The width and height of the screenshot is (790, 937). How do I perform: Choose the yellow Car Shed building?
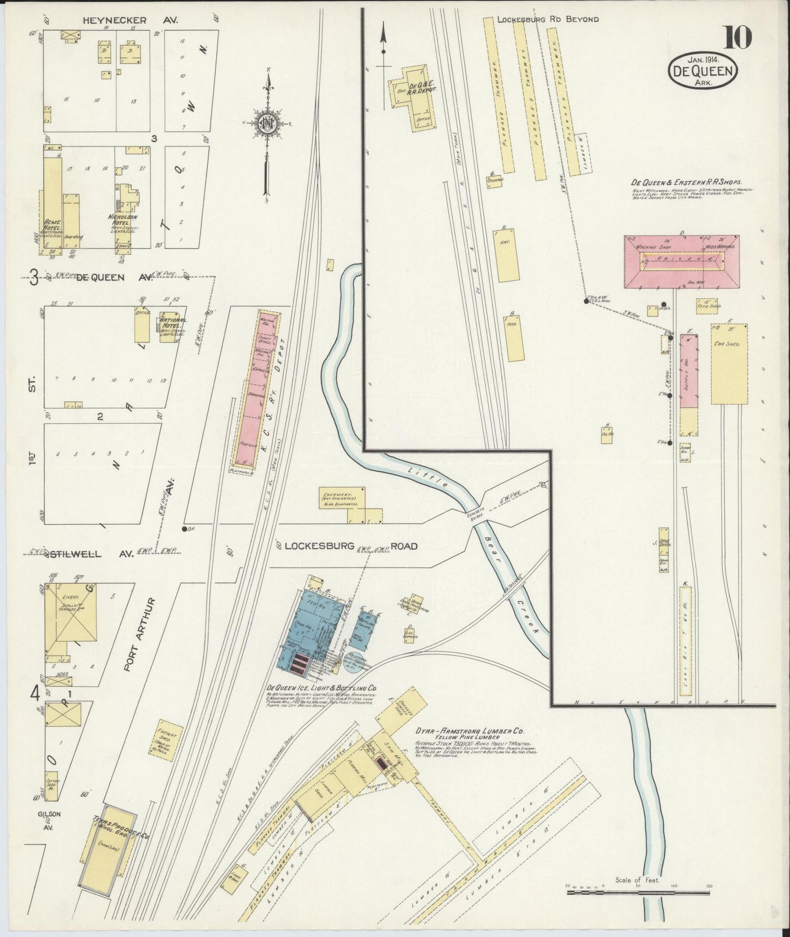[729, 364]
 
